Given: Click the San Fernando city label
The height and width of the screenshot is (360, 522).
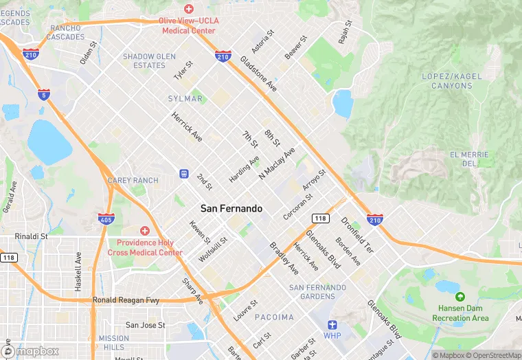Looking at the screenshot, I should pyautogui.click(x=231, y=208).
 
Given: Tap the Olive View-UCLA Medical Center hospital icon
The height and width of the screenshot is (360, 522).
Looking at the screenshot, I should pyautogui.click(x=188, y=8).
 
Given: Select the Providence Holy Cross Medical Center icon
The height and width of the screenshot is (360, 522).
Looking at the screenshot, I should pyautogui.click(x=144, y=231).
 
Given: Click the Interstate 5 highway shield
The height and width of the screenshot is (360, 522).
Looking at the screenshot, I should pyautogui.click(x=44, y=95).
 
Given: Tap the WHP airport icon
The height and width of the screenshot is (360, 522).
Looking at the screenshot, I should pyautogui.click(x=332, y=325).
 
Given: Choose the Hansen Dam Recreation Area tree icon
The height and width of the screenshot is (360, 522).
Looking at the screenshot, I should pyautogui.click(x=460, y=296).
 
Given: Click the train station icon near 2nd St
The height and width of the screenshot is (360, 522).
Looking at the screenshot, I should pyautogui.click(x=184, y=174).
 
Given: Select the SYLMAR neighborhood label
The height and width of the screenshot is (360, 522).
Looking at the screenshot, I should pyautogui.click(x=185, y=99).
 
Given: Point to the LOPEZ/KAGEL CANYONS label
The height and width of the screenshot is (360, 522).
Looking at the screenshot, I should pyautogui.click(x=452, y=80).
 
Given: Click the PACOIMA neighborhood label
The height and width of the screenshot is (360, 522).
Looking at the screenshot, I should pyautogui.click(x=274, y=317).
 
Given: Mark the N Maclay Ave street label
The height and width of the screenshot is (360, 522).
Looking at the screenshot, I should pyautogui.click(x=277, y=164).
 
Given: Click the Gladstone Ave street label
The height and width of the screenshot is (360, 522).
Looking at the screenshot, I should pyautogui.click(x=258, y=76).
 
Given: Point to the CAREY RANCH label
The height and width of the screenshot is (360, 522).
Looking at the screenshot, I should pyautogui.click(x=133, y=181).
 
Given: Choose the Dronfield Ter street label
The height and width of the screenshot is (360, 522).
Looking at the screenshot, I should pyautogui.click(x=356, y=236).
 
